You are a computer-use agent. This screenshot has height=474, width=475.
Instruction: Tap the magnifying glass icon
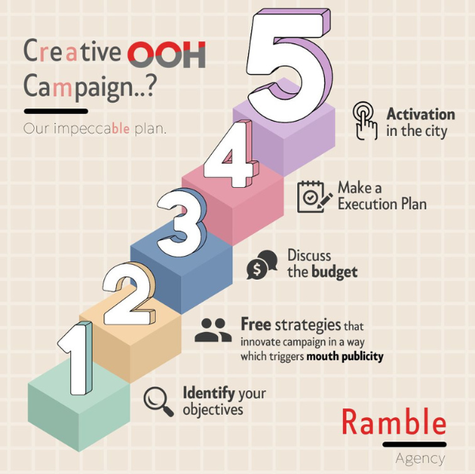pos(158,401)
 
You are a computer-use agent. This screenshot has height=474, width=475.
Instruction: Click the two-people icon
pos(213,330)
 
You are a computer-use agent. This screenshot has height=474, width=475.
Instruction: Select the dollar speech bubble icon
pos(262,265)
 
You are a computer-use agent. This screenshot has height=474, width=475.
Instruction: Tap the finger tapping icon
pos(365,121)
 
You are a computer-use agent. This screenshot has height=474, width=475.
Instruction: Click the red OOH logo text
pos(167,55)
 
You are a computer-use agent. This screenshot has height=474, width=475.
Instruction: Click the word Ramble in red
pos(394,422)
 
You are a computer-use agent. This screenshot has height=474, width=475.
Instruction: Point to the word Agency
pos(420,459)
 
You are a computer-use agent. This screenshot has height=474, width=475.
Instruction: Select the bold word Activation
pos(420,115)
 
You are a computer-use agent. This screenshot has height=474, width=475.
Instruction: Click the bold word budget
pos(335,272)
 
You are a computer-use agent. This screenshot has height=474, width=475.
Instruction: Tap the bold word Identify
pos(209,393)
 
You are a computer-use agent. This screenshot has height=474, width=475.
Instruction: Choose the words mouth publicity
pos(345,356)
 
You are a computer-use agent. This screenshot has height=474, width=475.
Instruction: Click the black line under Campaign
pos(56,111)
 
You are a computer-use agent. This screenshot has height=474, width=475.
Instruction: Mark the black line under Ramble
pos(414,444)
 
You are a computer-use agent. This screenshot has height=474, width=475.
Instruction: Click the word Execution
pos(368,204)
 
